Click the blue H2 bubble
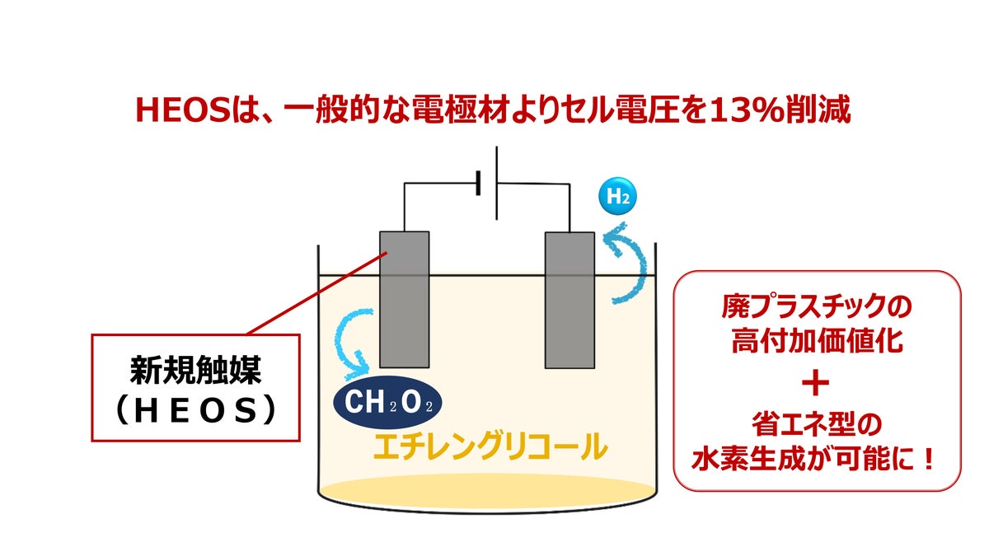618,197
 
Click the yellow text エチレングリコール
490,446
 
